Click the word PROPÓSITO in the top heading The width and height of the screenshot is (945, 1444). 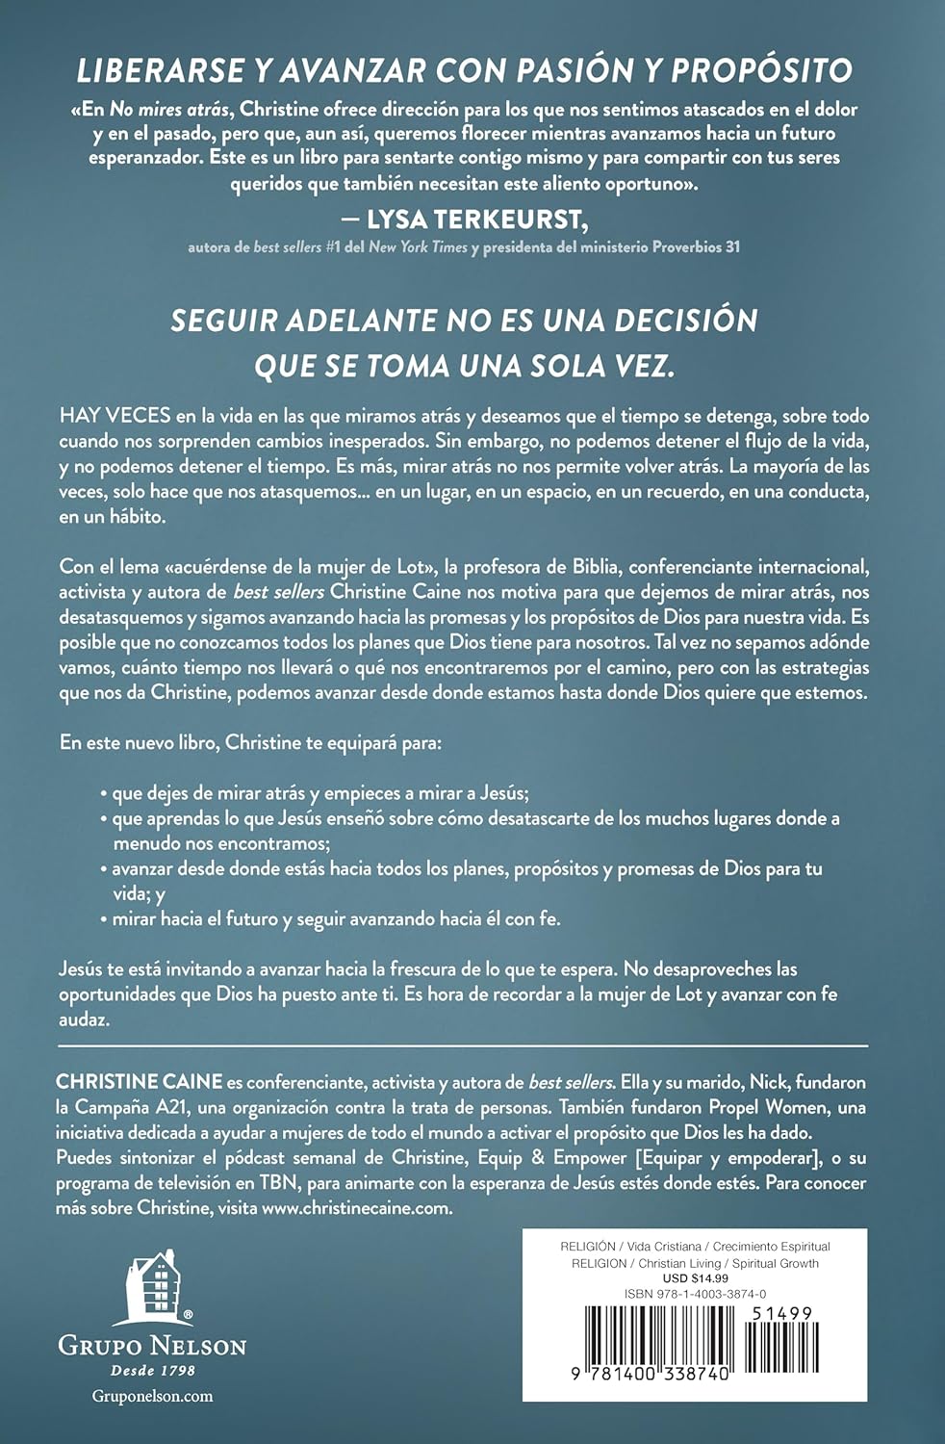(x=761, y=70)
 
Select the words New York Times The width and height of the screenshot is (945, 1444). (x=419, y=247)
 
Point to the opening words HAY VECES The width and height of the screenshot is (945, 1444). (x=115, y=417)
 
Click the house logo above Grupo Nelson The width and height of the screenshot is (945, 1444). (x=153, y=1288)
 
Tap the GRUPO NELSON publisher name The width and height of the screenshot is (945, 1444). (x=153, y=1346)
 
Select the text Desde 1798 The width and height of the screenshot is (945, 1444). (x=153, y=1371)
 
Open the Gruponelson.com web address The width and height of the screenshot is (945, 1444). (x=153, y=1396)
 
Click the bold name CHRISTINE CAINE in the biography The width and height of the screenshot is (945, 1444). (x=140, y=1082)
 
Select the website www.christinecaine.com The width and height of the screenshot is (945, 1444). (x=356, y=1208)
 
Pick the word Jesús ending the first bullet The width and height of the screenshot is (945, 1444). (x=503, y=793)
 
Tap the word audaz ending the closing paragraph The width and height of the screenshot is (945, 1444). (x=83, y=1019)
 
